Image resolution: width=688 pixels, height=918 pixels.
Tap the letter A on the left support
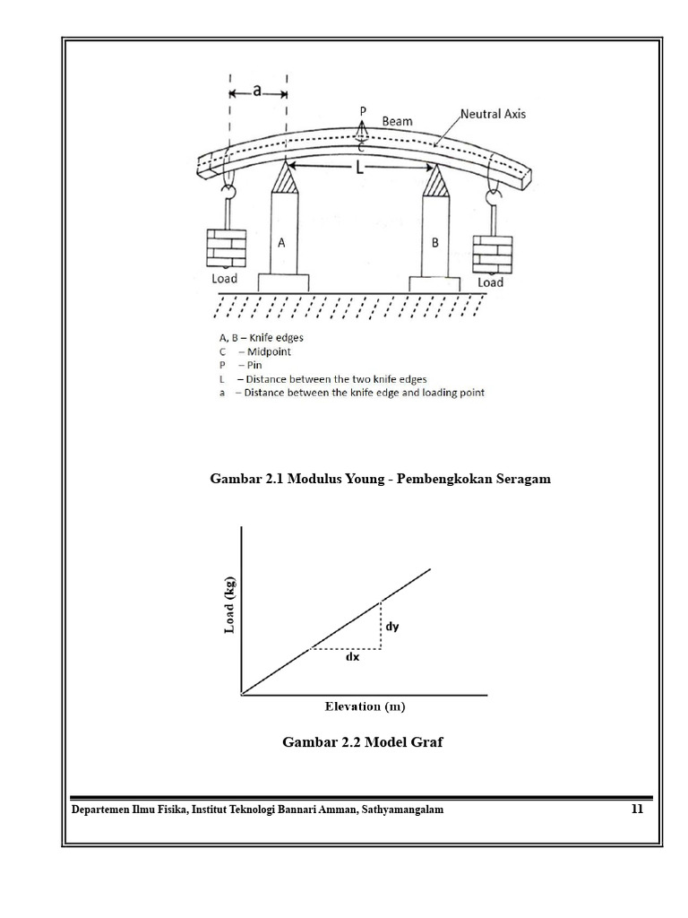tap(281, 242)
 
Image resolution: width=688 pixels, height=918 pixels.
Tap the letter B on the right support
tap(435, 243)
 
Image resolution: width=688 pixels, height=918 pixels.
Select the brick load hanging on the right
tap(492, 255)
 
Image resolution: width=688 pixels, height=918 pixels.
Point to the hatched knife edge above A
tap(285, 178)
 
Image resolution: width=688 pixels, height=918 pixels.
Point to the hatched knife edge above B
tap(437, 180)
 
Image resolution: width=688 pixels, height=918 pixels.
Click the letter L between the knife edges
tap(359, 167)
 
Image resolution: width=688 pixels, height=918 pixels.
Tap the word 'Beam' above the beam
tap(397, 120)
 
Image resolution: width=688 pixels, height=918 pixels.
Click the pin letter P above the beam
tap(363, 110)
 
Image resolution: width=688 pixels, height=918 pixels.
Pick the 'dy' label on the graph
tap(392, 627)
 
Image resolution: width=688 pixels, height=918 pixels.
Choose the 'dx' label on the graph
tap(352, 657)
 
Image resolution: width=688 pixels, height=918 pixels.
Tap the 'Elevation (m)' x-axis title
tap(365, 706)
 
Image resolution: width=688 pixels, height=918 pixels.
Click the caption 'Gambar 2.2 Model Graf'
tap(363, 742)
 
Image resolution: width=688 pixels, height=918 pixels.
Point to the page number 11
tap(637, 810)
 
